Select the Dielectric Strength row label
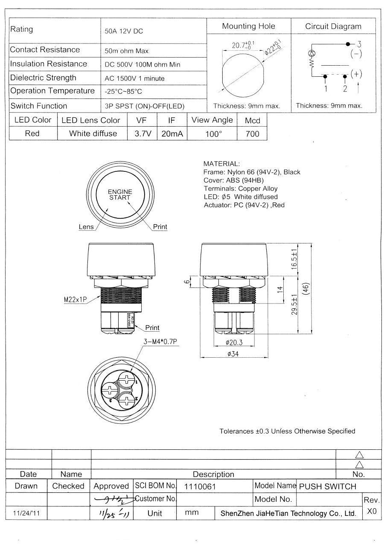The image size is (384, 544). [43, 78]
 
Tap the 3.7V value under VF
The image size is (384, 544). [143, 133]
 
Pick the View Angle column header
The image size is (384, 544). [212, 120]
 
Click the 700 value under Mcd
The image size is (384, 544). [252, 133]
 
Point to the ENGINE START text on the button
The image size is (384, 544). [120, 195]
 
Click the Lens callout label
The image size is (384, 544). [86, 227]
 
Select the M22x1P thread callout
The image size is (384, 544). [73, 299]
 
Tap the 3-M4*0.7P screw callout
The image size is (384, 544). [160, 341]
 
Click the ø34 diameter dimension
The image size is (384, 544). [233, 353]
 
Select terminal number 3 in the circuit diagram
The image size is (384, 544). [359, 44]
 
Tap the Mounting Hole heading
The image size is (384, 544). [248, 26]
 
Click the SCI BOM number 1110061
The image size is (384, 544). [200, 486]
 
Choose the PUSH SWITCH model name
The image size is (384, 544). [327, 486]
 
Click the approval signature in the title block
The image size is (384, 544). [112, 499]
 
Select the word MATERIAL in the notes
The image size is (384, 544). [221, 164]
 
